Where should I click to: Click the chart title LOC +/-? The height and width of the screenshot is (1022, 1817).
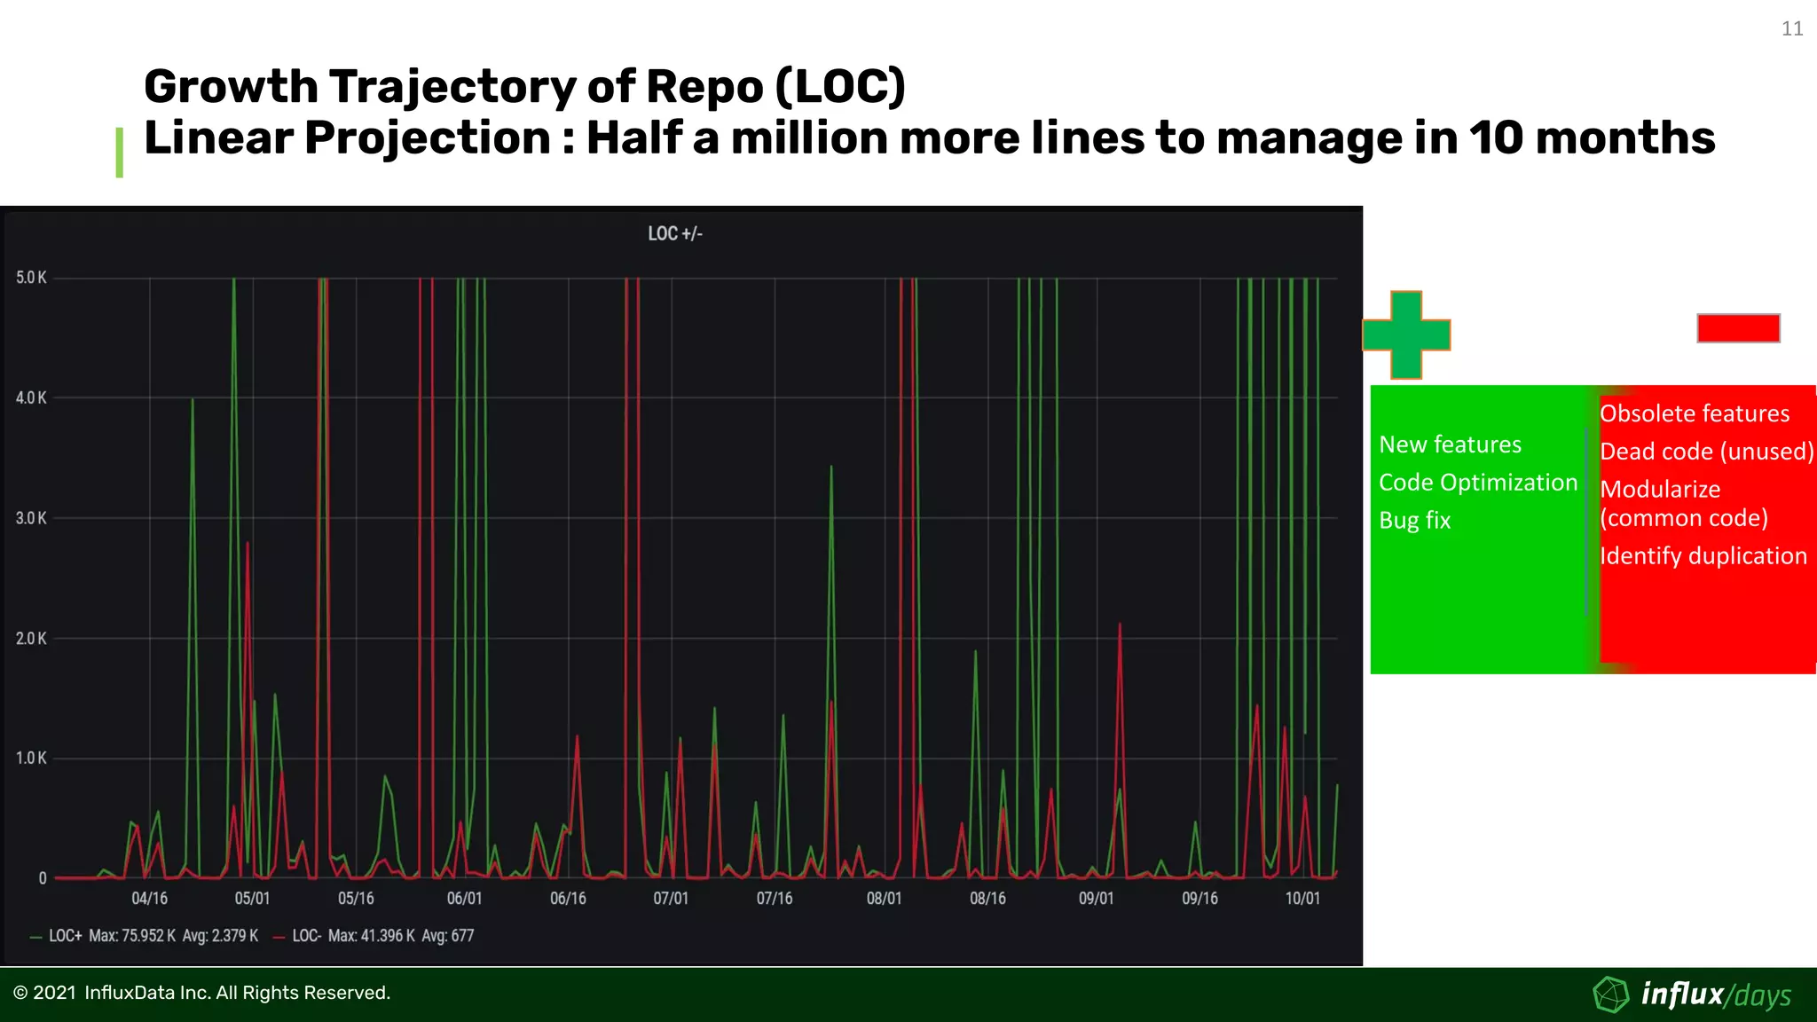pos(674,234)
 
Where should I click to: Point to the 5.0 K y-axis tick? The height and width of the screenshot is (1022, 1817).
pos(31,278)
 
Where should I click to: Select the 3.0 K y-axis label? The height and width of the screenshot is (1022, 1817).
pos(31,518)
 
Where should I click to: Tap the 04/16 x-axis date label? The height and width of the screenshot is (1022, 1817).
pos(149,899)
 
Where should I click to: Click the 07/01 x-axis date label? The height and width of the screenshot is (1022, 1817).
pos(671,899)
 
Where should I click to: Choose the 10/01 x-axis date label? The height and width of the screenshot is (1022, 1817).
pos(1302,899)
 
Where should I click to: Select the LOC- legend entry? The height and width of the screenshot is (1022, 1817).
pos(306,936)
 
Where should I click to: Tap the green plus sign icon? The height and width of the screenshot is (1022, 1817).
pos(1406,335)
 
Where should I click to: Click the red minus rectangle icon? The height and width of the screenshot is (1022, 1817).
pos(1738,328)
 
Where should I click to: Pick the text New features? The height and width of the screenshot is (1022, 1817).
pos(1450,444)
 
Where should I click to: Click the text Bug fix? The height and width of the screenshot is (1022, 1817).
pos(1414,521)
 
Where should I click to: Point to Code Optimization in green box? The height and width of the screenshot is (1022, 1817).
pos(1477,483)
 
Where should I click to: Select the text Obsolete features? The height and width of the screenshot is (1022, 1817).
pos(1694,413)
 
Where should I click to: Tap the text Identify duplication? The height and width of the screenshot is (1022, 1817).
pos(1703,556)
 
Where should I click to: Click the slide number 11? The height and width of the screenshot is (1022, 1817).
pos(1791,29)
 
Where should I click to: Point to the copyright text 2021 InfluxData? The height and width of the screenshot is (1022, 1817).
pos(202,993)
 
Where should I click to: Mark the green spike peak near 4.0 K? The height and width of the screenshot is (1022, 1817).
pos(193,400)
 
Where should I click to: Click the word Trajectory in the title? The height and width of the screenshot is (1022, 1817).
pos(453,87)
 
